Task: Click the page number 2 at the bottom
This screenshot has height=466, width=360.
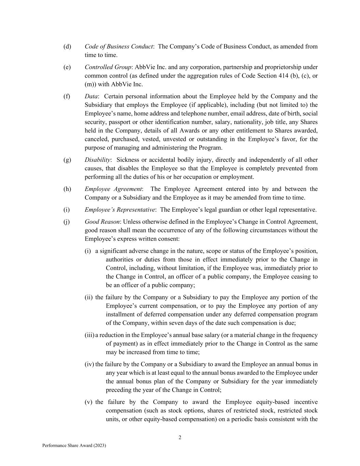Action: coord(180,438)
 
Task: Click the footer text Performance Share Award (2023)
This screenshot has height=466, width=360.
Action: coord(74,446)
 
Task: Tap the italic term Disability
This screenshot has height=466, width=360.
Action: coord(97,160)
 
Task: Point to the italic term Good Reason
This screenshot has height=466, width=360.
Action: coord(102,222)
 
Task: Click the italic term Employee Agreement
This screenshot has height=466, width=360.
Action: coord(113,189)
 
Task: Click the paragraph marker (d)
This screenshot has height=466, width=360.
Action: coord(67,46)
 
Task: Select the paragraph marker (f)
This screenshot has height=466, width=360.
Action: coord(67,96)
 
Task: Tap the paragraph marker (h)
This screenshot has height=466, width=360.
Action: coord(67,189)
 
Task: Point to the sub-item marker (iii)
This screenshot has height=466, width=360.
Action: coord(89,335)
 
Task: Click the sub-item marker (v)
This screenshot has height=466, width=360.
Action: coord(88,402)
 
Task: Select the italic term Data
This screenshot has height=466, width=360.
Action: coord(91,96)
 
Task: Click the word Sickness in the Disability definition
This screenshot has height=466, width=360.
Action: coord(128,160)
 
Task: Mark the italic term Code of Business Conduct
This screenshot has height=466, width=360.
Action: coord(118,46)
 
